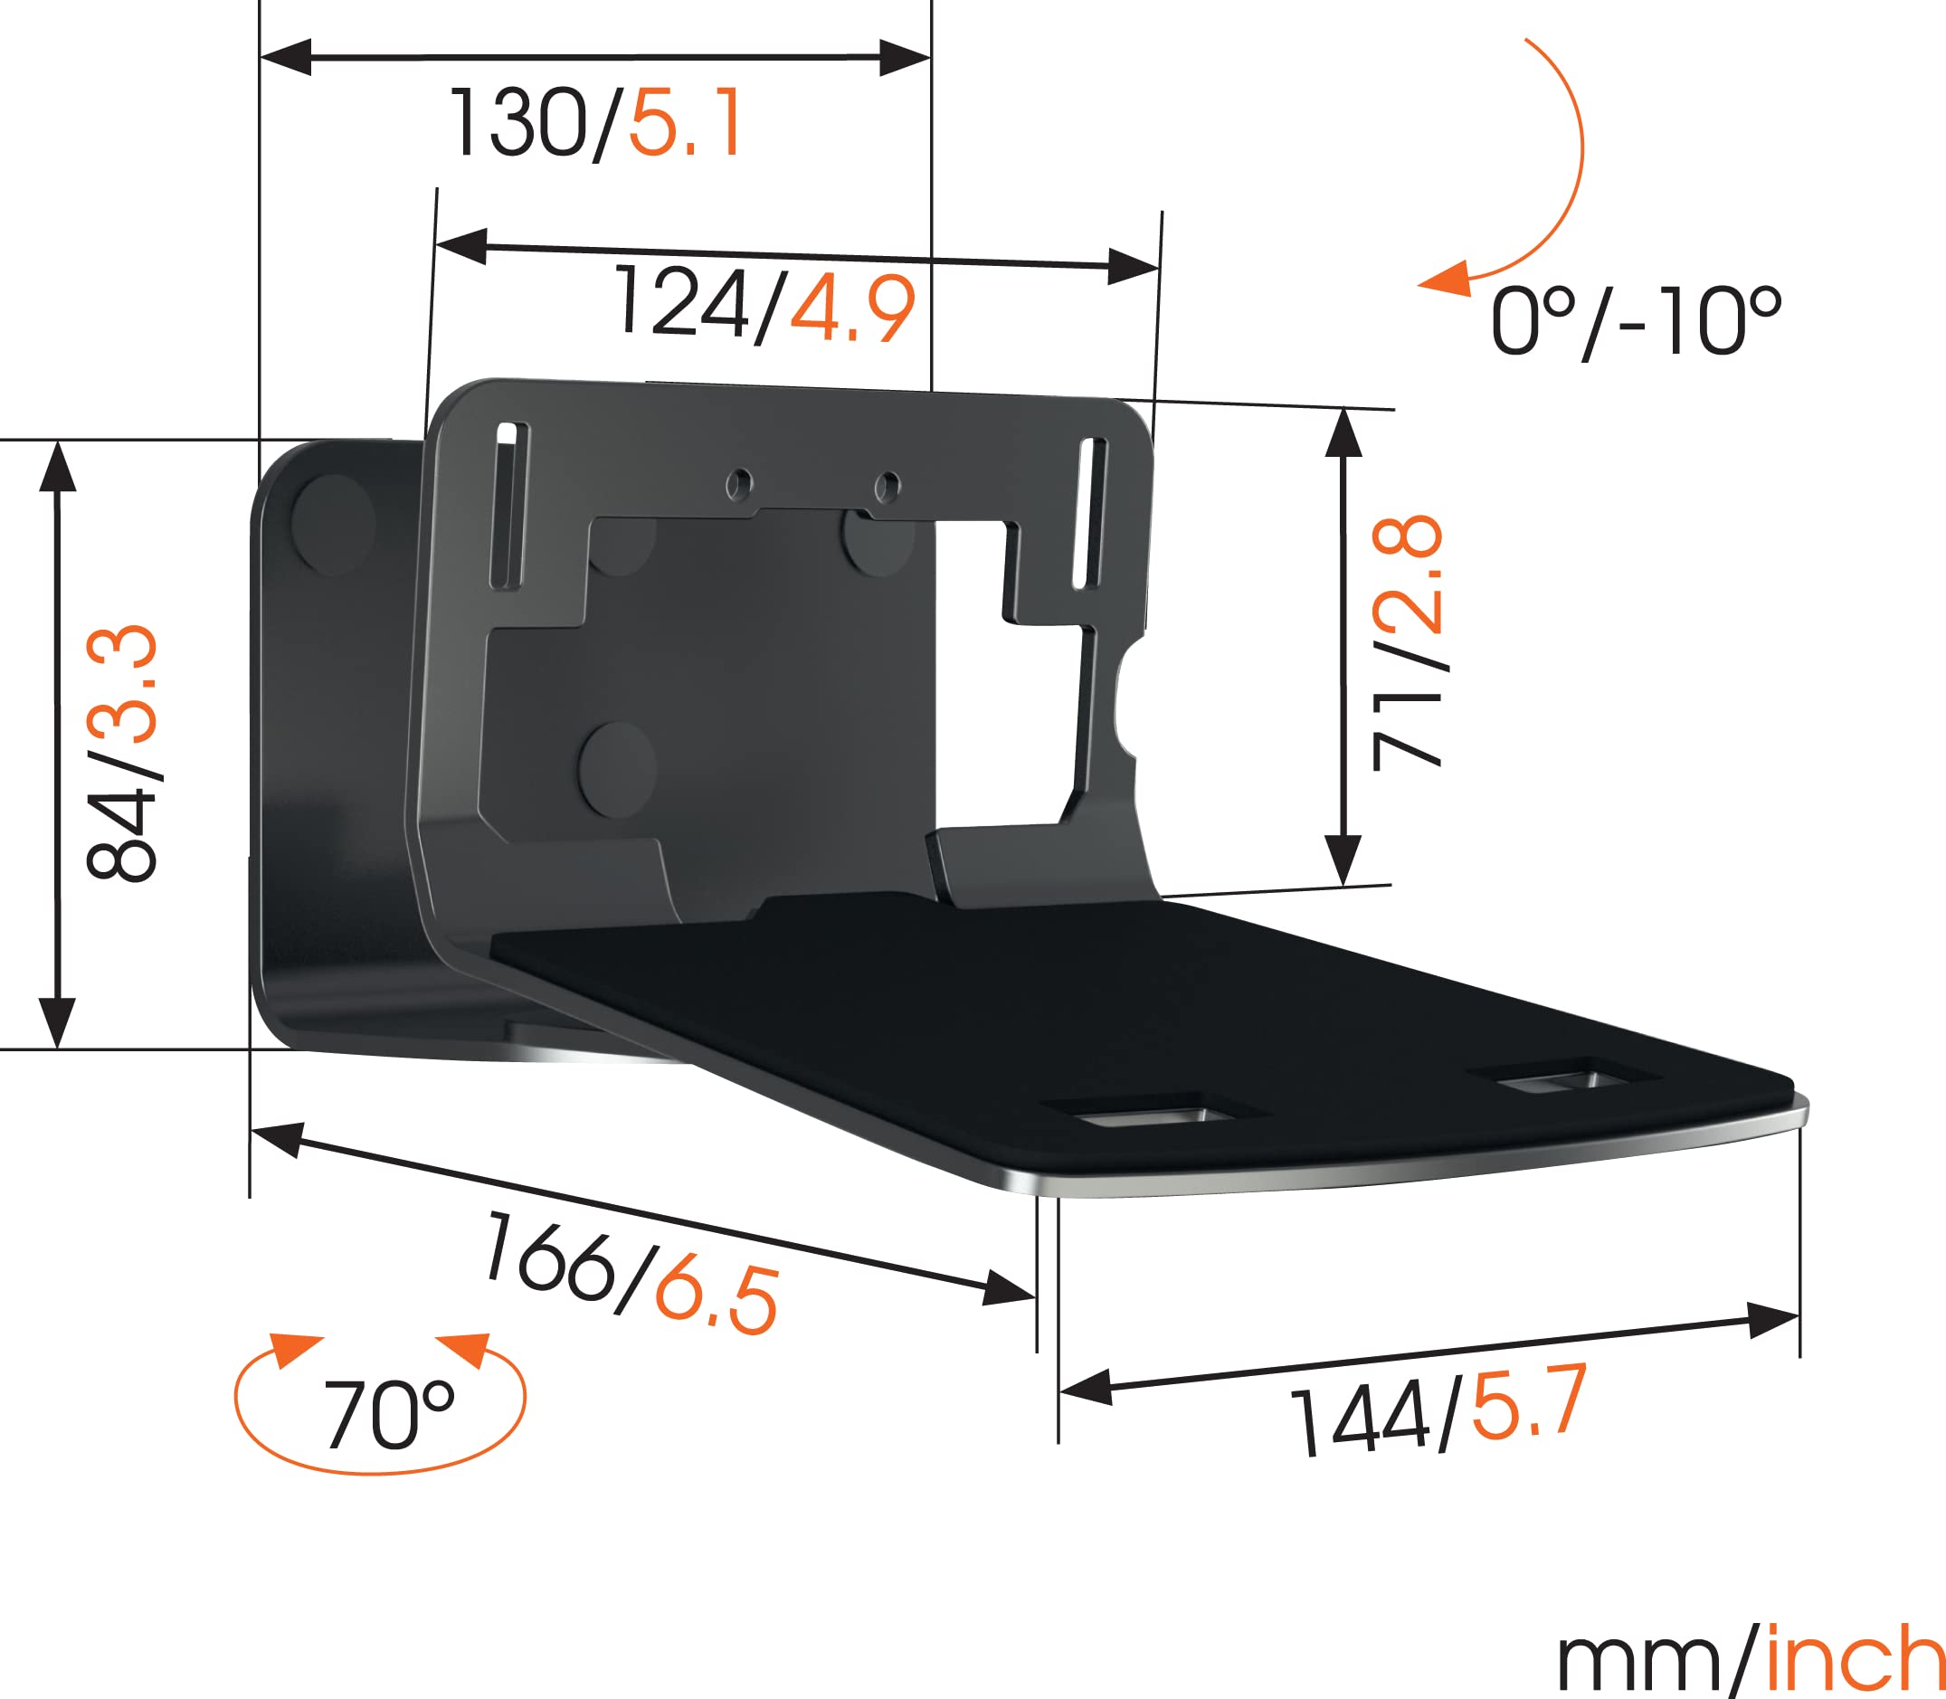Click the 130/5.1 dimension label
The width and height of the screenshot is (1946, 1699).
click(x=595, y=124)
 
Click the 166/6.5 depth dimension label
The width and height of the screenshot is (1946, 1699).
click(x=631, y=1273)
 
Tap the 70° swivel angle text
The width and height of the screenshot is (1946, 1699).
click(x=389, y=1415)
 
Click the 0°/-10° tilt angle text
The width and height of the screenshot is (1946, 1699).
click(x=1634, y=323)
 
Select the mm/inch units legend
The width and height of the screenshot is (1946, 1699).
click(x=1750, y=1659)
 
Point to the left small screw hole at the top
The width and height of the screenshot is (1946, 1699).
click(x=738, y=486)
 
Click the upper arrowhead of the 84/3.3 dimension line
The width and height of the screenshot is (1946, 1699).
click(x=58, y=467)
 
